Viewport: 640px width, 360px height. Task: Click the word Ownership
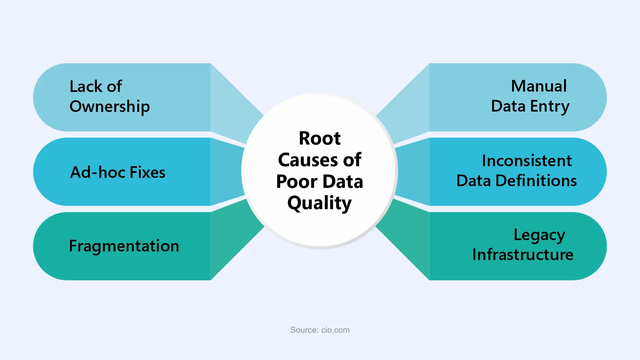tap(110, 107)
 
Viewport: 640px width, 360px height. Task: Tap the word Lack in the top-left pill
tap(86, 86)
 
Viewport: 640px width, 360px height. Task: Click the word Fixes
tap(147, 172)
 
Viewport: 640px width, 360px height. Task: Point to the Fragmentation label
tap(124, 246)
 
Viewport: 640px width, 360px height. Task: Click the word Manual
tap(539, 86)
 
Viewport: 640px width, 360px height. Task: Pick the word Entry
tap(550, 107)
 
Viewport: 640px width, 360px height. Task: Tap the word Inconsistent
tap(527, 161)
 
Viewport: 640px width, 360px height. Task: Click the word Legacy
tap(539, 235)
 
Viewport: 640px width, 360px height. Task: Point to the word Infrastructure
tap(523, 255)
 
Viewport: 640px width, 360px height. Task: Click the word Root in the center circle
tap(320, 138)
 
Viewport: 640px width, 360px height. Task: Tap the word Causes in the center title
tap(307, 160)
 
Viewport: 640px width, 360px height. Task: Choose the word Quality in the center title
tap(320, 203)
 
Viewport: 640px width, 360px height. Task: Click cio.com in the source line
tap(335, 330)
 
